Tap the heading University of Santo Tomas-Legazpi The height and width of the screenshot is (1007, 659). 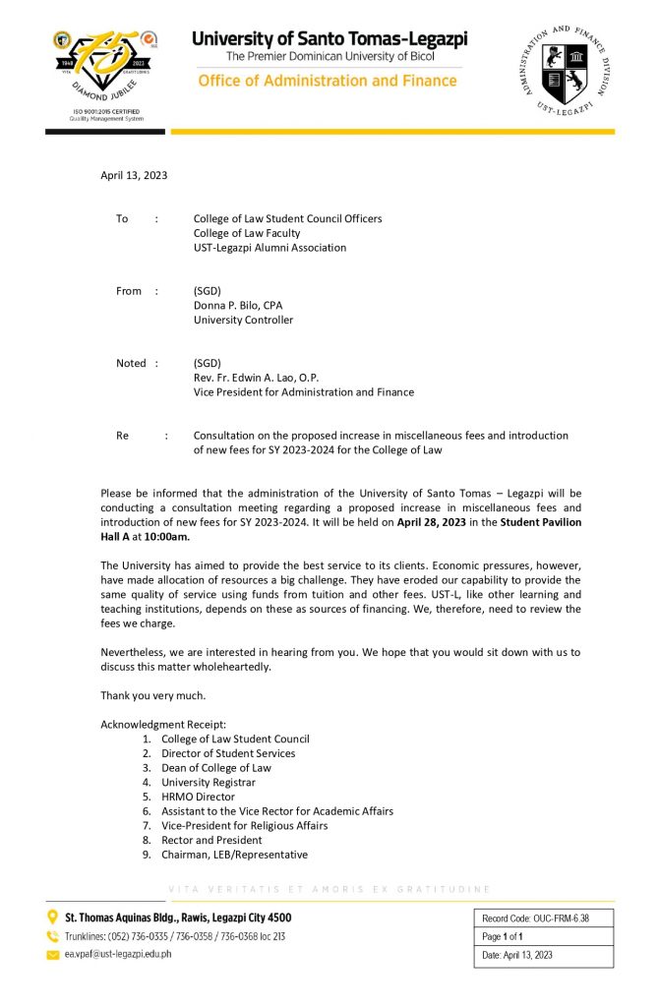[329, 39]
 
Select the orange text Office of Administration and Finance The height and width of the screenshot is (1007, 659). [328, 81]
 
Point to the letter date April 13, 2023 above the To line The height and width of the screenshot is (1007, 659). [134, 176]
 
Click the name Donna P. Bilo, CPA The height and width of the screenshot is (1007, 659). [238, 305]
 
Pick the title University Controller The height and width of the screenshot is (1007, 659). [243, 320]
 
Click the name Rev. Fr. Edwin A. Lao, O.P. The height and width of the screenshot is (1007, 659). [257, 378]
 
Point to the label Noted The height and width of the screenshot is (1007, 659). [131, 363]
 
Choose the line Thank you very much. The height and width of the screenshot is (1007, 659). [153, 695]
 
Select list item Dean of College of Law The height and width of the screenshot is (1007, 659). [216, 768]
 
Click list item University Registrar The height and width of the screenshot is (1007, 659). [209, 783]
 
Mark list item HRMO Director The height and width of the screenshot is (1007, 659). [198, 797]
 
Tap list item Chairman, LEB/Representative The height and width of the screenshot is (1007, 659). [234, 855]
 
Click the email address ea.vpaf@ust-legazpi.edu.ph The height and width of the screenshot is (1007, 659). [118, 955]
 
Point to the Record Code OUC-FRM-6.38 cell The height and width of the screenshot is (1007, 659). [543, 918]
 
